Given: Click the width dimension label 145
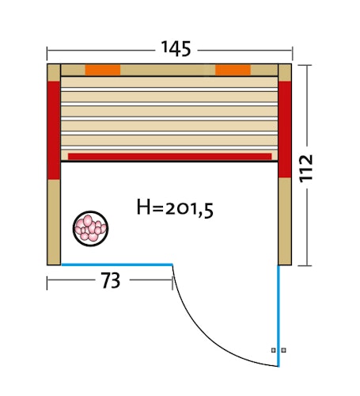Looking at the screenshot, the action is click(176, 49).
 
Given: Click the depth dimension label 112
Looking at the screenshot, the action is click(306, 168).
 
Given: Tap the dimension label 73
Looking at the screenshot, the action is click(111, 280).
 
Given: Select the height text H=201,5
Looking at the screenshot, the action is click(175, 208).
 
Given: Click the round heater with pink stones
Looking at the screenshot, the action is click(90, 229).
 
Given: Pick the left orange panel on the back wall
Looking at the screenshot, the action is click(103, 70).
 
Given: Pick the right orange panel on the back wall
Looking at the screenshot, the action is click(233, 70).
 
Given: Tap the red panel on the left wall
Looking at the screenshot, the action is click(54, 131).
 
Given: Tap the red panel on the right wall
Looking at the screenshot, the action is click(285, 129).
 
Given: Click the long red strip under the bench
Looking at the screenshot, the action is click(170, 156).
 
